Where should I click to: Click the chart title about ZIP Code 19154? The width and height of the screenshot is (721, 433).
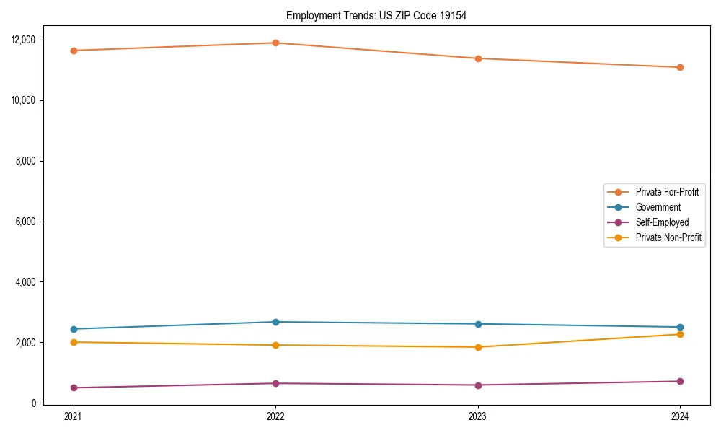click(x=376, y=15)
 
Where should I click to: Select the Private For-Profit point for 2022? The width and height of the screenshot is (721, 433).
click(x=275, y=43)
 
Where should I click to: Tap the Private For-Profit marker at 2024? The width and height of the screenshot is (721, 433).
click(x=680, y=67)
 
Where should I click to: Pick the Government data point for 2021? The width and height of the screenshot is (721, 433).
click(x=74, y=329)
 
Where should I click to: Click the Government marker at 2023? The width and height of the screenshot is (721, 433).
click(x=478, y=324)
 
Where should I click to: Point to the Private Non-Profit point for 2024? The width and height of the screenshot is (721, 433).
click(x=680, y=334)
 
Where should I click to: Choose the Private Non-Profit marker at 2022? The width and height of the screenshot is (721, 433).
click(x=275, y=345)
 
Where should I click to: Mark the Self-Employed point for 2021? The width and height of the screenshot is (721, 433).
click(x=74, y=388)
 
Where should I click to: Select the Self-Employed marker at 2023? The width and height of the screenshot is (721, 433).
click(x=478, y=385)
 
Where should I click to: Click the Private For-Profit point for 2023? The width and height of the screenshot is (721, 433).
click(x=478, y=58)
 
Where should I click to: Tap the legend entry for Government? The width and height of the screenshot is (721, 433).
click(x=658, y=207)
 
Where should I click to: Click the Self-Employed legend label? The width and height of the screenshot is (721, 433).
click(x=662, y=222)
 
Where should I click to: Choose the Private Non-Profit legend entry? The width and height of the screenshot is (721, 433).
click(x=668, y=237)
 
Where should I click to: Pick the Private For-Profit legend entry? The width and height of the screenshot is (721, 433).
click(x=667, y=192)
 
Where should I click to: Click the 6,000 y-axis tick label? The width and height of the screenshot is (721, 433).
click(x=26, y=222)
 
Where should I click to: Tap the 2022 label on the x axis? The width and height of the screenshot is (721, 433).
click(x=275, y=416)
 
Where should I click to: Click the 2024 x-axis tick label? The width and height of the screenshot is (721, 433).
click(x=680, y=416)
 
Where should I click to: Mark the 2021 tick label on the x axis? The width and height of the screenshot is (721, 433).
click(x=74, y=416)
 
